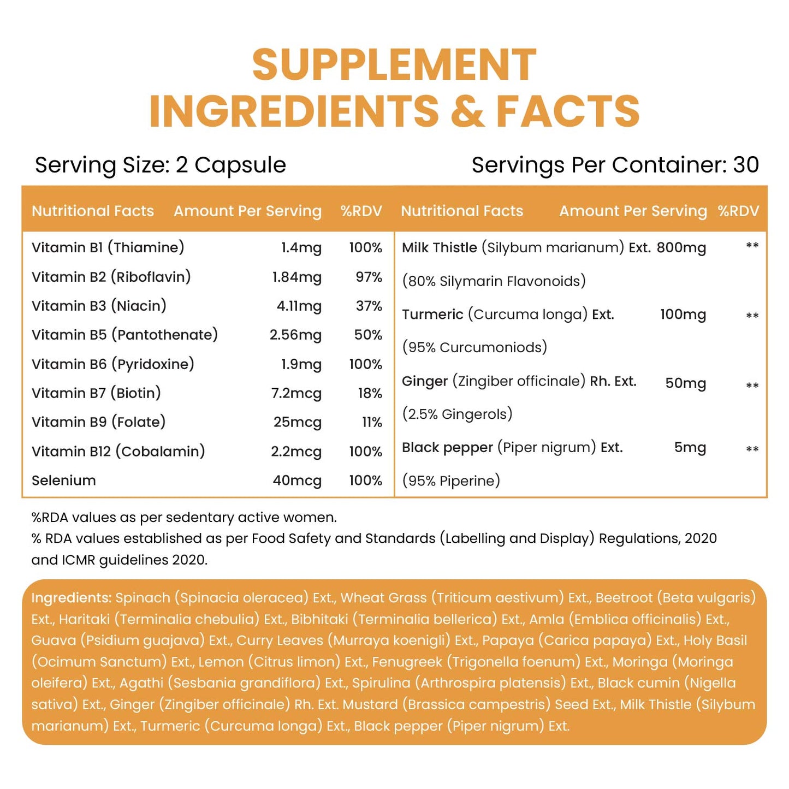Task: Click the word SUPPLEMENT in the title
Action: point(394,65)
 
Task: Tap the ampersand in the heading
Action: point(467,111)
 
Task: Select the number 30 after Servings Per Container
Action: point(746,165)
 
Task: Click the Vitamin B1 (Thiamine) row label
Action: point(108,248)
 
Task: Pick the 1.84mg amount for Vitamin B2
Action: point(296,277)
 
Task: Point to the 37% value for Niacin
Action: point(369,306)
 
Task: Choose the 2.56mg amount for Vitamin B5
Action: point(295,335)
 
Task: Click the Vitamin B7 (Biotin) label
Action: point(96,393)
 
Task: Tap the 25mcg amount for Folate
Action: point(298,423)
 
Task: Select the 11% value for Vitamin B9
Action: point(372,423)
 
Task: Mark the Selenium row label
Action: point(63,480)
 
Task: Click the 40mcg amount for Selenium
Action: point(297,480)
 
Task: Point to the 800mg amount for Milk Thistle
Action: point(681,248)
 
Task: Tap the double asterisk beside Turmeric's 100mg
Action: point(752,316)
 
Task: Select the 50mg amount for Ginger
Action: point(685,383)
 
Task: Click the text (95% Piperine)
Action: point(451,481)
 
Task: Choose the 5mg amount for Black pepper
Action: point(690,448)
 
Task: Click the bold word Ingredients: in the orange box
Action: point(72,598)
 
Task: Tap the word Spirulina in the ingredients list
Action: point(381,683)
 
